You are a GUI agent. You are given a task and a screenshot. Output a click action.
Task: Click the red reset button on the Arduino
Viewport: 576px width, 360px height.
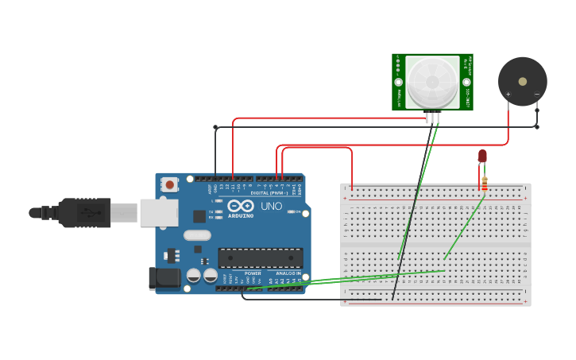(x=169, y=184)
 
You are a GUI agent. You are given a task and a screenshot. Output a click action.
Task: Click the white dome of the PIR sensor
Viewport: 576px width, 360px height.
(x=432, y=81)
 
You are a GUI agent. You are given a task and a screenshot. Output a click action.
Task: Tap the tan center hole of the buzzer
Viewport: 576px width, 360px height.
(x=522, y=80)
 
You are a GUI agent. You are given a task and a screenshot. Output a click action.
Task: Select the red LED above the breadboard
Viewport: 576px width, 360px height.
(x=482, y=156)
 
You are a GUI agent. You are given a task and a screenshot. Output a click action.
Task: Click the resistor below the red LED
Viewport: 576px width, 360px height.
(x=485, y=183)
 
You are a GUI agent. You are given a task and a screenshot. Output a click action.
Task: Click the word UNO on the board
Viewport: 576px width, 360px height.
(x=272, y=207)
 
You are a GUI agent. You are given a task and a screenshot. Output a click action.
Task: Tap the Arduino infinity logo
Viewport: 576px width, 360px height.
(x=240, y=206)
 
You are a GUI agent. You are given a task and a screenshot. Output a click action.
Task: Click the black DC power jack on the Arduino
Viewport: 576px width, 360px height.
(x=164, y=278)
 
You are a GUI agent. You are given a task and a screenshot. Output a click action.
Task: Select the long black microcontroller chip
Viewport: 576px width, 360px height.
(x=261, y=257)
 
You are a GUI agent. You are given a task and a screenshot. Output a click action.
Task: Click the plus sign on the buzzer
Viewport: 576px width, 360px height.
(x=508, y=95)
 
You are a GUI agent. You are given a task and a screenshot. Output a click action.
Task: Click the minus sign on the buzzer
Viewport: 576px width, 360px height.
(x=536, y=95)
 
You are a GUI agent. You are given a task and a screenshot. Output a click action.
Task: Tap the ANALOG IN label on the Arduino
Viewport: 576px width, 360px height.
(x=288, y=273)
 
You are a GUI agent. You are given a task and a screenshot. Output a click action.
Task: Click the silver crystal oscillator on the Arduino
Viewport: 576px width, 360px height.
(x=197, y=235)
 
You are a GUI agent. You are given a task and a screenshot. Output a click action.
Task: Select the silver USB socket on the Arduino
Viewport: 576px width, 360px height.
(x=159, y=213)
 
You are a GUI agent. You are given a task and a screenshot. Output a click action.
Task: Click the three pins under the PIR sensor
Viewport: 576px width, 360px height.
(x=432, y=118)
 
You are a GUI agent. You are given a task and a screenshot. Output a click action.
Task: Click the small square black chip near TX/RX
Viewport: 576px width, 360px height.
(x=199, y=216)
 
